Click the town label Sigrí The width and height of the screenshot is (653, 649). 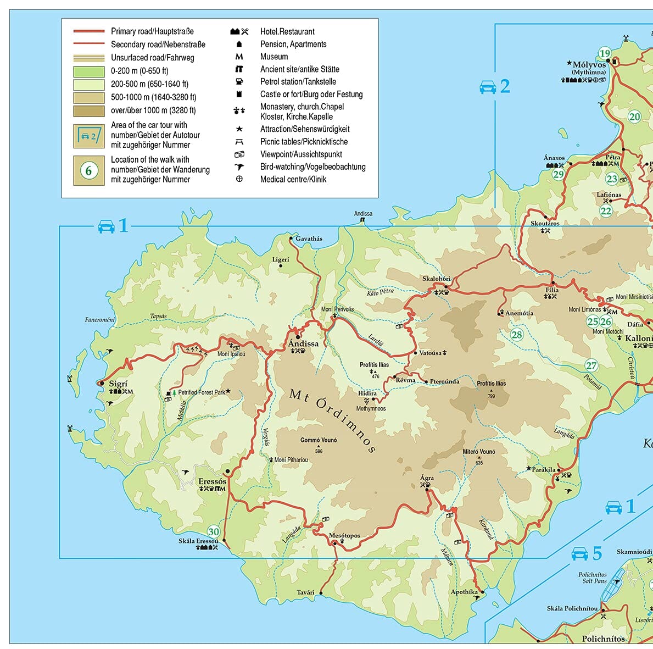[118, 384]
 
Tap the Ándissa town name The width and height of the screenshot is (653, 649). [303, 343]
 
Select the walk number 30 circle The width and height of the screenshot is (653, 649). [213, 531]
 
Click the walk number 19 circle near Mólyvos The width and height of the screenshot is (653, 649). [604, 53]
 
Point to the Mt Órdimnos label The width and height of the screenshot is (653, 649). [332, 420]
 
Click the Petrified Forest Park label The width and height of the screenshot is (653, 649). [201, 392]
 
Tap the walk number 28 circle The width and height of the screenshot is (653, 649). [517, 334]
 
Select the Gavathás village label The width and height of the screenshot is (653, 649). [309, 238]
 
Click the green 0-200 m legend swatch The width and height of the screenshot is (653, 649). [88, 71]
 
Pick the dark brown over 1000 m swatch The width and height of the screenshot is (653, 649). [88, 110]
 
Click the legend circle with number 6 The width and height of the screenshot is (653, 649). [88, 170]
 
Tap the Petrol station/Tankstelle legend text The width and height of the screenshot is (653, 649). [298, 81]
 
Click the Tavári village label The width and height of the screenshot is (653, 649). [305, 592]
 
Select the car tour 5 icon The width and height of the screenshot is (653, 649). [580, 553]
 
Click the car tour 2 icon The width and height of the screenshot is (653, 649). [488, 87]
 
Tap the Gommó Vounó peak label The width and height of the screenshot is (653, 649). [319, 440]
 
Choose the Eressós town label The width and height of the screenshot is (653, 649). [212, 481]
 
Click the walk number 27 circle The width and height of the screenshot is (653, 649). [591, 365]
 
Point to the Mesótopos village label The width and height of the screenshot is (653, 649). [344, 535]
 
